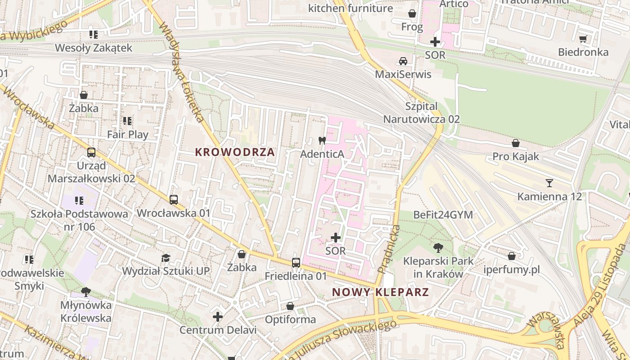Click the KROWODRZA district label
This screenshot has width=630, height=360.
[235, 152]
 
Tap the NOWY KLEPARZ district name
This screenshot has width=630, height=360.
[380, 292]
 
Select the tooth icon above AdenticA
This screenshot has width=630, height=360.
[322, 140]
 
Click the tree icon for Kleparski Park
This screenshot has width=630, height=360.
[438, 247]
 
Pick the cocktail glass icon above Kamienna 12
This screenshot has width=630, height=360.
[549, 183]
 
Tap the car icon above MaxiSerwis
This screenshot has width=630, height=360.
[403, 61]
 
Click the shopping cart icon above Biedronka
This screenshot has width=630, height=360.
[583, 39]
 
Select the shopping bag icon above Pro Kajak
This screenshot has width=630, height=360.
[515, 143]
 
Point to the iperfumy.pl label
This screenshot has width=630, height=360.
[512, 270]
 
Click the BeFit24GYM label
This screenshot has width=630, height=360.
[443, 215]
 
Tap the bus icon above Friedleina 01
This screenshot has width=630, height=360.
[296, 262]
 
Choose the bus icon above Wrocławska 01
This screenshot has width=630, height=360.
[174, 199]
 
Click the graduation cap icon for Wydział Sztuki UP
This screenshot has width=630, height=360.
[166, 258]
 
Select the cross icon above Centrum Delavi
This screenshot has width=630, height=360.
[218, 317]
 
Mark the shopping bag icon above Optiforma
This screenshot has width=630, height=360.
[290, 306]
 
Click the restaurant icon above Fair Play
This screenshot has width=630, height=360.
[127, 121]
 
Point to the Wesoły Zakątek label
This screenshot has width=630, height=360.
[94, 48]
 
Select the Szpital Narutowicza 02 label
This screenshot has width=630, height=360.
[421, 113]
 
